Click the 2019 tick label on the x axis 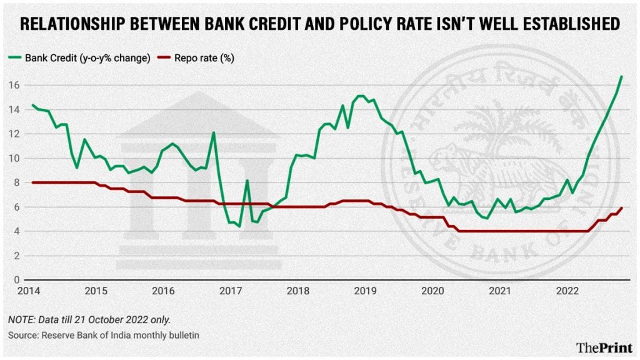pyautogui.click(x=365, y=291)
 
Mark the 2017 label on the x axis pyautogui.click(x=230, y=291)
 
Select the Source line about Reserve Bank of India pyautogui.click(x=103, y=336)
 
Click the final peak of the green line pyautogui.click(x=621, y=76)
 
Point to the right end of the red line pyautogui.click(x=621, y=207)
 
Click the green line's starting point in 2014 pyautogui.click(x=32, y=104)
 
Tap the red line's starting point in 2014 pyautogui.click(x=32, y=182)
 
